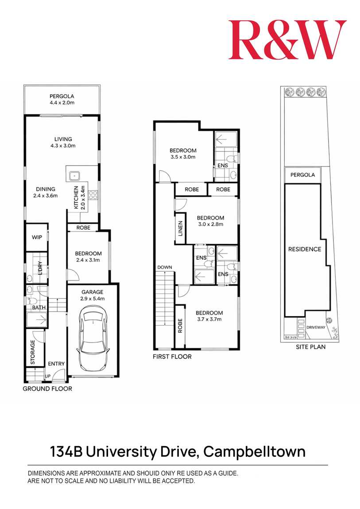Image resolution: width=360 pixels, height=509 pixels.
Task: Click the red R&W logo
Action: click(287, 39)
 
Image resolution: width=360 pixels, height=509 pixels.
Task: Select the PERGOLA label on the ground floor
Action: click(62, 96)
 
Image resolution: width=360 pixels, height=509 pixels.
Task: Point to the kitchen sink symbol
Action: click(74, 175)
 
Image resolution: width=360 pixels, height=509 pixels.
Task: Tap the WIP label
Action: click(37, 237)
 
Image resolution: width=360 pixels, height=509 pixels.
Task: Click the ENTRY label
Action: click(56, 364)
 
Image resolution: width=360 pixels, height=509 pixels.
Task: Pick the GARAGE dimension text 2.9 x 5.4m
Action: click(92, 299)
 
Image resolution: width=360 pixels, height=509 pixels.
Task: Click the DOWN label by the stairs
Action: click(164, 267)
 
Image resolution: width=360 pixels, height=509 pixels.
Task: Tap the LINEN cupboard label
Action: click(180, 231)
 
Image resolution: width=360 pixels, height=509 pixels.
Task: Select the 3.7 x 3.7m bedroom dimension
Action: click(209, 319)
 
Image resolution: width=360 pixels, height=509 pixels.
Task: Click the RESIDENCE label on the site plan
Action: click(305, 249)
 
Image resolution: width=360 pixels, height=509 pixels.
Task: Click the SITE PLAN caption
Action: click(310, 347)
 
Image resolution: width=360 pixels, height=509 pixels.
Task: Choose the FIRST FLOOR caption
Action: click(172, 357)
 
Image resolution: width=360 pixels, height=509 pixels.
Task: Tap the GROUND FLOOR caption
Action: click(47, 389)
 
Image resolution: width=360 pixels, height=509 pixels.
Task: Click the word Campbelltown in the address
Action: click(255, 452)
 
